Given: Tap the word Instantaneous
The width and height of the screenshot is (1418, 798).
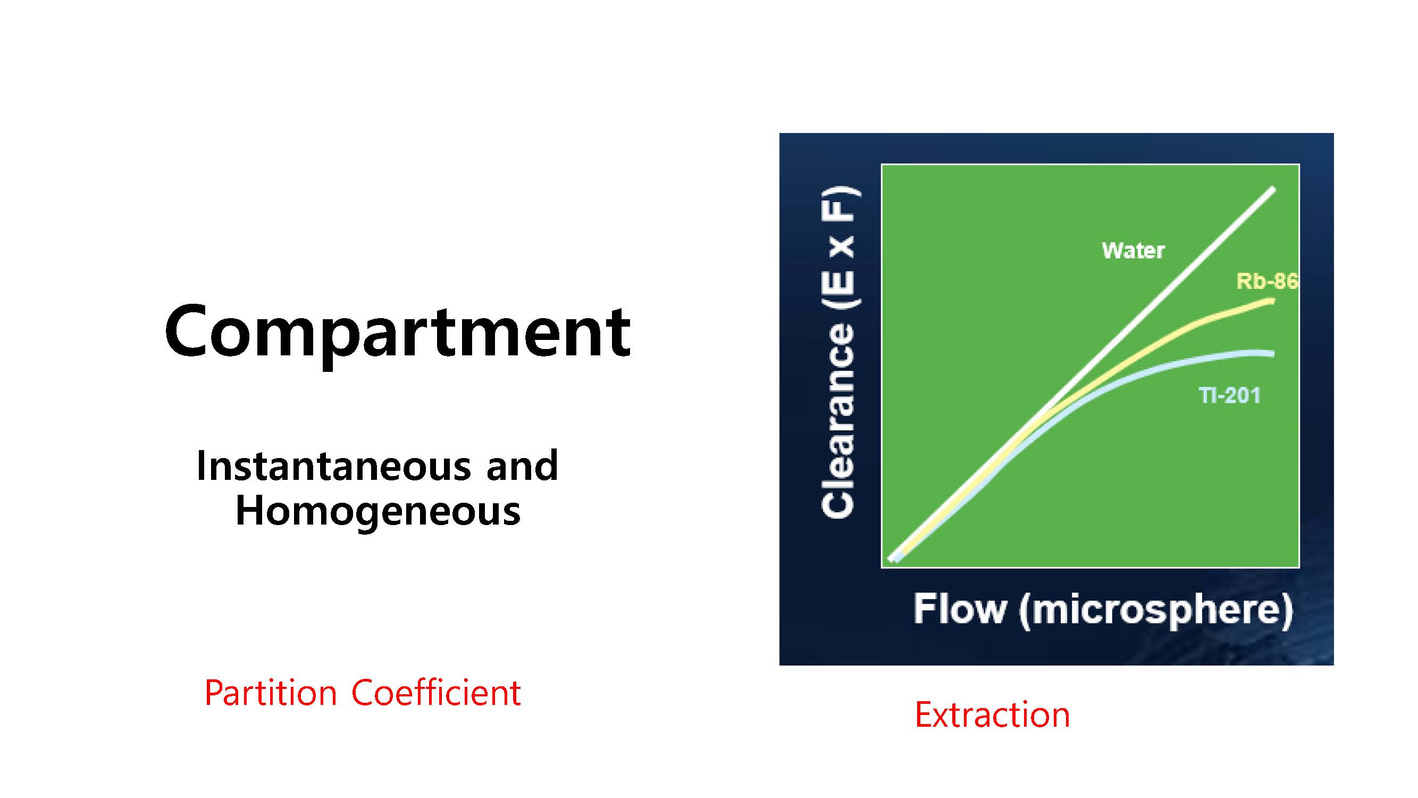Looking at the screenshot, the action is (333, 466).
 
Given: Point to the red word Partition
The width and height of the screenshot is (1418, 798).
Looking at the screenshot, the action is (270, 693).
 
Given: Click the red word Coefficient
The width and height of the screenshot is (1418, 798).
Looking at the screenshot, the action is (436, 693).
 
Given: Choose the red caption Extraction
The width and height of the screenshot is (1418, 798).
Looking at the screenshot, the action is (992, 715).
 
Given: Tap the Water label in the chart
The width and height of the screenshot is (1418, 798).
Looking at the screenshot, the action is (1133, 251).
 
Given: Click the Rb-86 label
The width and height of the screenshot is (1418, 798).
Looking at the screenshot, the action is (1266, 281).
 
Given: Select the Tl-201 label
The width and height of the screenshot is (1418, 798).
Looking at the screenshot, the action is (1229, 395).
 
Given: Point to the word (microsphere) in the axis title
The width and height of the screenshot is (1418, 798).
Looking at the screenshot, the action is (1155, 611).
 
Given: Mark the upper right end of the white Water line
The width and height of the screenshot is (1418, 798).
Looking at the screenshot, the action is (1273, 189).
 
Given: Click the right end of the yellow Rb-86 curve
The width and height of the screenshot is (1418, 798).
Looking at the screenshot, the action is (1272, 301).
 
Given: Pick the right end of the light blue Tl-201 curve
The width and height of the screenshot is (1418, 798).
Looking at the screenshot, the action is (1272, 354).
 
